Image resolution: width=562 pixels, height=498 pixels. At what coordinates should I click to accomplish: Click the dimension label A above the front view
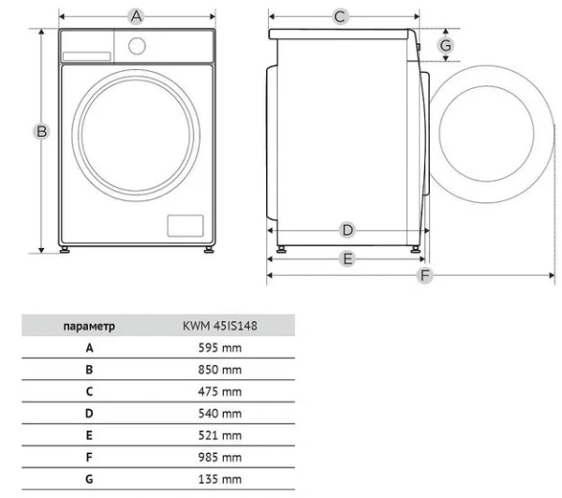136,17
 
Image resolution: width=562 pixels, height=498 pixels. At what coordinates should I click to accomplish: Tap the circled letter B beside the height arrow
41,131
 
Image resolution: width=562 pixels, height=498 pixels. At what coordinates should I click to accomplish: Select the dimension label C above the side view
340,17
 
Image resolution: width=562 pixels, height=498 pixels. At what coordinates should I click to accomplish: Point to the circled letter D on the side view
347,230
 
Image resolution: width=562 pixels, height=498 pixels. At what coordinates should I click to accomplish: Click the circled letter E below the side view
348,258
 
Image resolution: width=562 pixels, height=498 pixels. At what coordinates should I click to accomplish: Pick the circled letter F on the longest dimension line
424,275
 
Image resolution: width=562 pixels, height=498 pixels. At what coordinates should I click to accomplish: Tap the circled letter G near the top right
446,46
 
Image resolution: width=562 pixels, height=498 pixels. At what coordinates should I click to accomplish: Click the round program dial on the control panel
137,46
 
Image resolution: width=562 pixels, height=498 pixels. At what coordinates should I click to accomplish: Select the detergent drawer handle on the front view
86,56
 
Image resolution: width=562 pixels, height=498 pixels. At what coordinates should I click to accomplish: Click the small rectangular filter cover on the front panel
185,226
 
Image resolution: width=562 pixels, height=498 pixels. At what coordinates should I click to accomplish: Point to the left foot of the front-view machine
65,250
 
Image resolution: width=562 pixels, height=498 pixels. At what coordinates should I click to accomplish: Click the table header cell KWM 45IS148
220,326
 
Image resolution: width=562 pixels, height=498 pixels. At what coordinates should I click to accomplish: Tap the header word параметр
89,327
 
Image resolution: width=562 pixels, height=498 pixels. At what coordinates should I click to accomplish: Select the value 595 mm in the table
220,348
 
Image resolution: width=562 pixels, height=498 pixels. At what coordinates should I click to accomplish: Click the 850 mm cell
220,370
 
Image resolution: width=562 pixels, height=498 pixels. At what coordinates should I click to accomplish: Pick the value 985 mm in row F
220,458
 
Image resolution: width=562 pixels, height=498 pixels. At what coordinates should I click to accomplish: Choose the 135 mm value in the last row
220,479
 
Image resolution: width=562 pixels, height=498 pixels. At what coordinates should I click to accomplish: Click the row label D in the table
89,414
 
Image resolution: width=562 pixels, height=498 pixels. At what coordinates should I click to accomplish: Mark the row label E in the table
89,435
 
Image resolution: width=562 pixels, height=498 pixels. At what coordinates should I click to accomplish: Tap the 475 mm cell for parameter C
220,391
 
